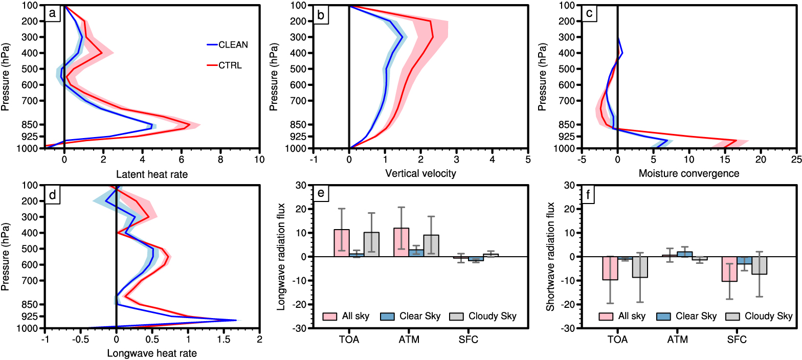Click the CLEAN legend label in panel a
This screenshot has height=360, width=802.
[233, 44]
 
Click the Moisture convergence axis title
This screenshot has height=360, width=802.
[688, 174]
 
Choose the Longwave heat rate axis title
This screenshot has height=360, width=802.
[151, 353]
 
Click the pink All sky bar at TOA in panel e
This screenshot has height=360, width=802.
[342, 243]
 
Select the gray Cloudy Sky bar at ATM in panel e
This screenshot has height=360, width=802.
[431, 245]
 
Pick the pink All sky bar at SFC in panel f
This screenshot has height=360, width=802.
[729, 269]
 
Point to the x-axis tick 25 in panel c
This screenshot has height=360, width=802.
[796, 159]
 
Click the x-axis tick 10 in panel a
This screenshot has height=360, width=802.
[260, 159]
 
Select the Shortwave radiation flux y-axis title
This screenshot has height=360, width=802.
[550, 257]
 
